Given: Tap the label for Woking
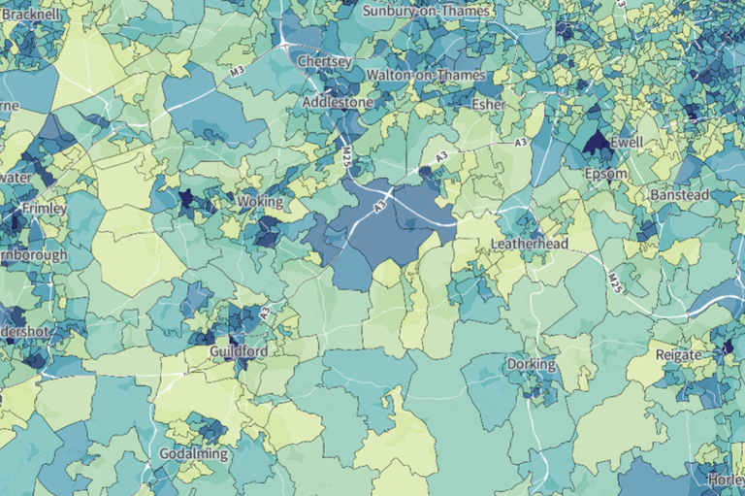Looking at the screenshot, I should point(261,202).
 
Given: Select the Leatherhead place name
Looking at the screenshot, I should point(530,245).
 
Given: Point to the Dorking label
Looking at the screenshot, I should point(531,365).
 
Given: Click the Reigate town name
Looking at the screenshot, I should point(678,355).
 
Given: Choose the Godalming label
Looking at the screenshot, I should point(194,454).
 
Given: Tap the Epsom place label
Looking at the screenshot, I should point(606,174).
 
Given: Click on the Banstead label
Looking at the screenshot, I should point(679,195).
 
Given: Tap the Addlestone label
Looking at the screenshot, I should point(338,101).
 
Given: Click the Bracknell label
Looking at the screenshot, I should point(31,14).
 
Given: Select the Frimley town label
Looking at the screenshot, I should point(44,209).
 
